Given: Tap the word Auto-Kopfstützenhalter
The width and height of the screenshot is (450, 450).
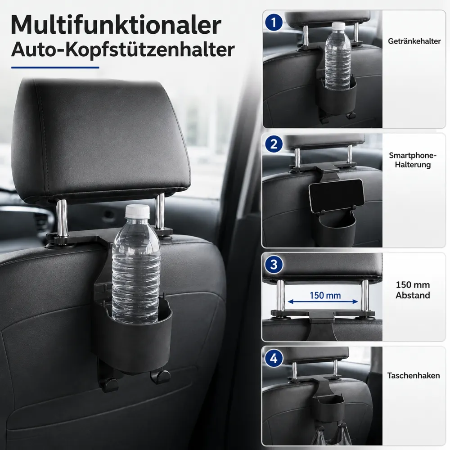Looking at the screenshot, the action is (x=123, y=50).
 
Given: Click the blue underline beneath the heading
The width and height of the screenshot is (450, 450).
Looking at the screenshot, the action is (x=55, y=68).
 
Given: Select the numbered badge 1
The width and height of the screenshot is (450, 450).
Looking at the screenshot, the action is (x=274, y=22).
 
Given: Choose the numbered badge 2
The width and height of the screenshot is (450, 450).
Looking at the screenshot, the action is (x=274, y=144).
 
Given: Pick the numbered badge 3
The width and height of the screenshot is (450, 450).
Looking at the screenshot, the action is (x=274, y=265).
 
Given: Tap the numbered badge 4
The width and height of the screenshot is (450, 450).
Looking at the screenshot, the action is (x=274, y=359).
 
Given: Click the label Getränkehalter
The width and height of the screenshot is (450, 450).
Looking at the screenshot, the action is (x=414, y=41).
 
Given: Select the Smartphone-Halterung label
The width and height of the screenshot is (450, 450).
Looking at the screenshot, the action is (x=413, y=160).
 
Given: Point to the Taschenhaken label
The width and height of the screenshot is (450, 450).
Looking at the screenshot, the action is (x=414, y=375).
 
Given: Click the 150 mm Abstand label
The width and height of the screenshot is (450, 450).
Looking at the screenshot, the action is (x=413, y=290).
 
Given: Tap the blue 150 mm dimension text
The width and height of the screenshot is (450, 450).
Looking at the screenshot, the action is (x=325, y=295).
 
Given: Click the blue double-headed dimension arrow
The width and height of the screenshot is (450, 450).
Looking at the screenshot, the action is (x=323, y=301).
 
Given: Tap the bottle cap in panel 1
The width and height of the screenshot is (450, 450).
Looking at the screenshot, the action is (x=339, y=27).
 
